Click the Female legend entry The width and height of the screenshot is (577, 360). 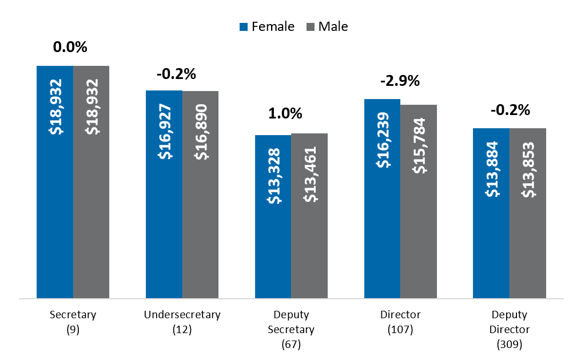point(267,26)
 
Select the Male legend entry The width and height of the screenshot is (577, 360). point(327,26)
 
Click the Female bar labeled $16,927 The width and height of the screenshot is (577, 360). point(164,195)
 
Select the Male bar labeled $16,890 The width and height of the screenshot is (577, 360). point(200,195)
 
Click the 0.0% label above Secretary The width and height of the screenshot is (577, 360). point(70,47)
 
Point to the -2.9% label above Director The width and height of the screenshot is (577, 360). point(400,81)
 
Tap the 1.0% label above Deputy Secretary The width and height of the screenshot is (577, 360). point(285,113)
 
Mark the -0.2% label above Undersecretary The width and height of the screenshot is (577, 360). point(176,74)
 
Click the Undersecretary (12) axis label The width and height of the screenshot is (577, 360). point(182,322)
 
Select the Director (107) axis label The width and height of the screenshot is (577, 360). point(400,322)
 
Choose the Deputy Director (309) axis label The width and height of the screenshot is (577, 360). point(510,329)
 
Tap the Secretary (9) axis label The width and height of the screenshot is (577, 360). point(73,322)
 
